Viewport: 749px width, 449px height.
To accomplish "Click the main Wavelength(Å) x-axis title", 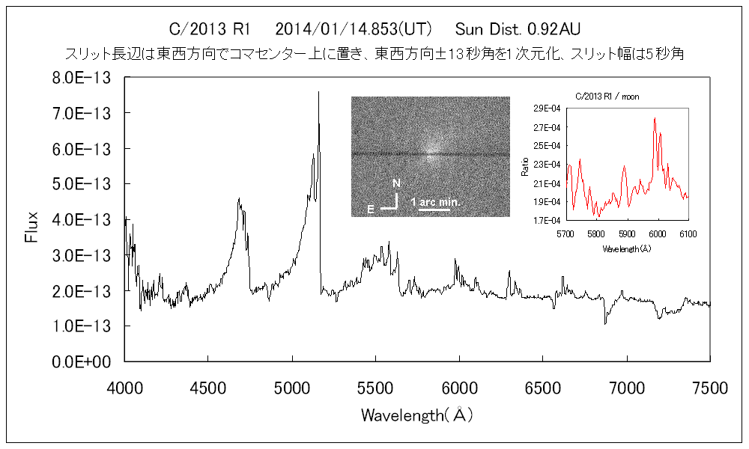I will coord(416,414).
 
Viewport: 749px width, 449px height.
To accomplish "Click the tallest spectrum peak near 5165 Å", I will coord(319,93).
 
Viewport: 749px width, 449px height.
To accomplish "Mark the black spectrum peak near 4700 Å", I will coord(239,200).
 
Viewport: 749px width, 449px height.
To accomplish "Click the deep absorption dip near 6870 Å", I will coord(605,322).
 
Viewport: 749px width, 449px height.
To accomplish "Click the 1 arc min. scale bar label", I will coord(434,203).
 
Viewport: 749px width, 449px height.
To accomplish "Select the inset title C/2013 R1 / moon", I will coord(607,97).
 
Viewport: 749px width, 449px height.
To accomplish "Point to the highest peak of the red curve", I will coord(655,118).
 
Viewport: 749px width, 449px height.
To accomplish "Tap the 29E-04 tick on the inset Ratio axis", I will coord(550,109).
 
